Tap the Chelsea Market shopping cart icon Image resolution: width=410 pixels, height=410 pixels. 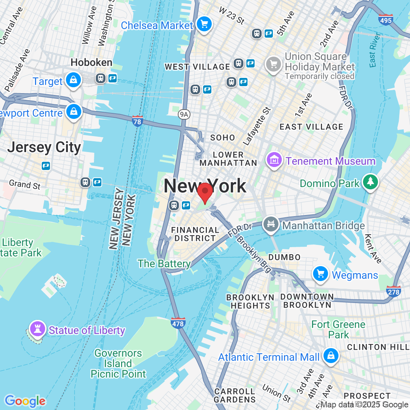point(204,24)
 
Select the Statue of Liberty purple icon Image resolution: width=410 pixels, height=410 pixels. point(37,329)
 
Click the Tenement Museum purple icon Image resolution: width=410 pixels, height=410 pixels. point(274,160)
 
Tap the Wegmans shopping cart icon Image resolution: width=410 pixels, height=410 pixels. point(320,274)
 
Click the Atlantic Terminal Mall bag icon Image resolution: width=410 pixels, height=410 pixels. point(331,355)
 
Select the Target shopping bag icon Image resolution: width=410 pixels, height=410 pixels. point(73,80)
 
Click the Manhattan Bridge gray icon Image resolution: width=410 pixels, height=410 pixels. point(271,224)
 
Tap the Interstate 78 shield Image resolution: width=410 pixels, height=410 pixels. point(138,121)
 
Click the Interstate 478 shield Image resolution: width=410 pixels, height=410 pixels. point(178,323)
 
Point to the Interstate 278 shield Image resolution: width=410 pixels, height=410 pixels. point(394,291)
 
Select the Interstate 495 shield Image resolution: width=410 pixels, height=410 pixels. point(385,20)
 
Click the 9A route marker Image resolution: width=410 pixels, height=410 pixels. point(184,114)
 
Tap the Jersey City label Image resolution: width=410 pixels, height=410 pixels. point(44,147)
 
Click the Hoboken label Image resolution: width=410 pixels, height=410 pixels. point(91,62)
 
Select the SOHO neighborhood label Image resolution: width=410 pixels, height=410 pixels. point(223,138)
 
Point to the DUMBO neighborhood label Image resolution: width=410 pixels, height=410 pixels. point(284,257)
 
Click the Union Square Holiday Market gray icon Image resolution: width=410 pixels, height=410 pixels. point(274,64)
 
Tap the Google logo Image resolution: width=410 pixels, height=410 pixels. point(25,401)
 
